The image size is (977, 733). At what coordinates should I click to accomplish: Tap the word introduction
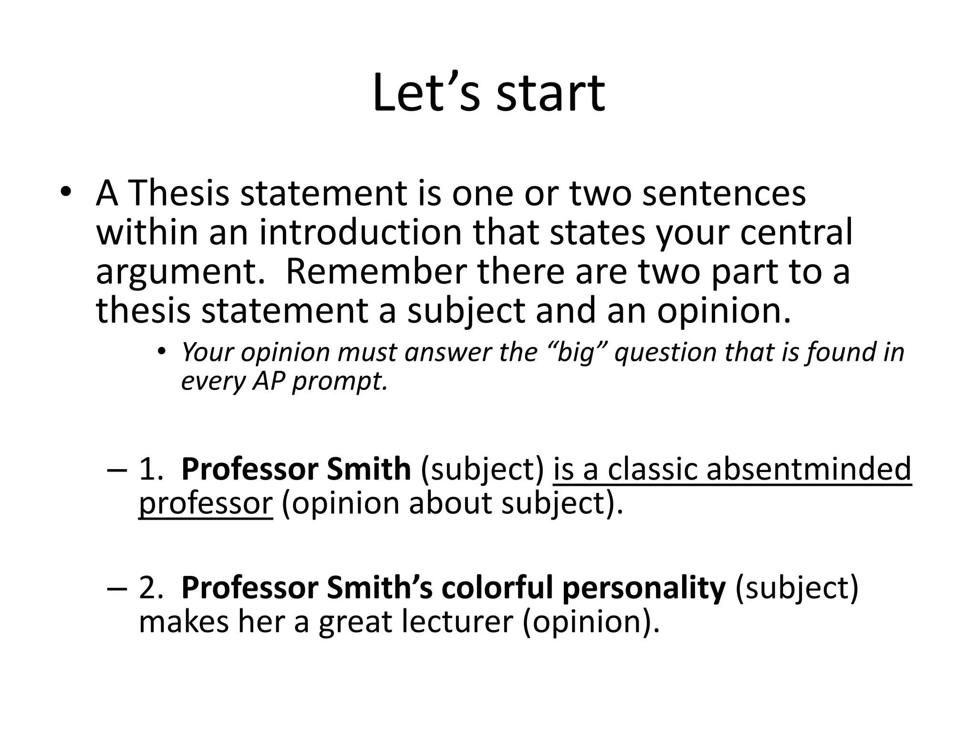[x=361, y=232]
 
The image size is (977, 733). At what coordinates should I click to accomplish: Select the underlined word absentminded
[x=809, y=469]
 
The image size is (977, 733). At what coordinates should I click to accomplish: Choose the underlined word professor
[x=206, y=504]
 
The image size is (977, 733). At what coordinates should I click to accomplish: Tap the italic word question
[x=665, y=353]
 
